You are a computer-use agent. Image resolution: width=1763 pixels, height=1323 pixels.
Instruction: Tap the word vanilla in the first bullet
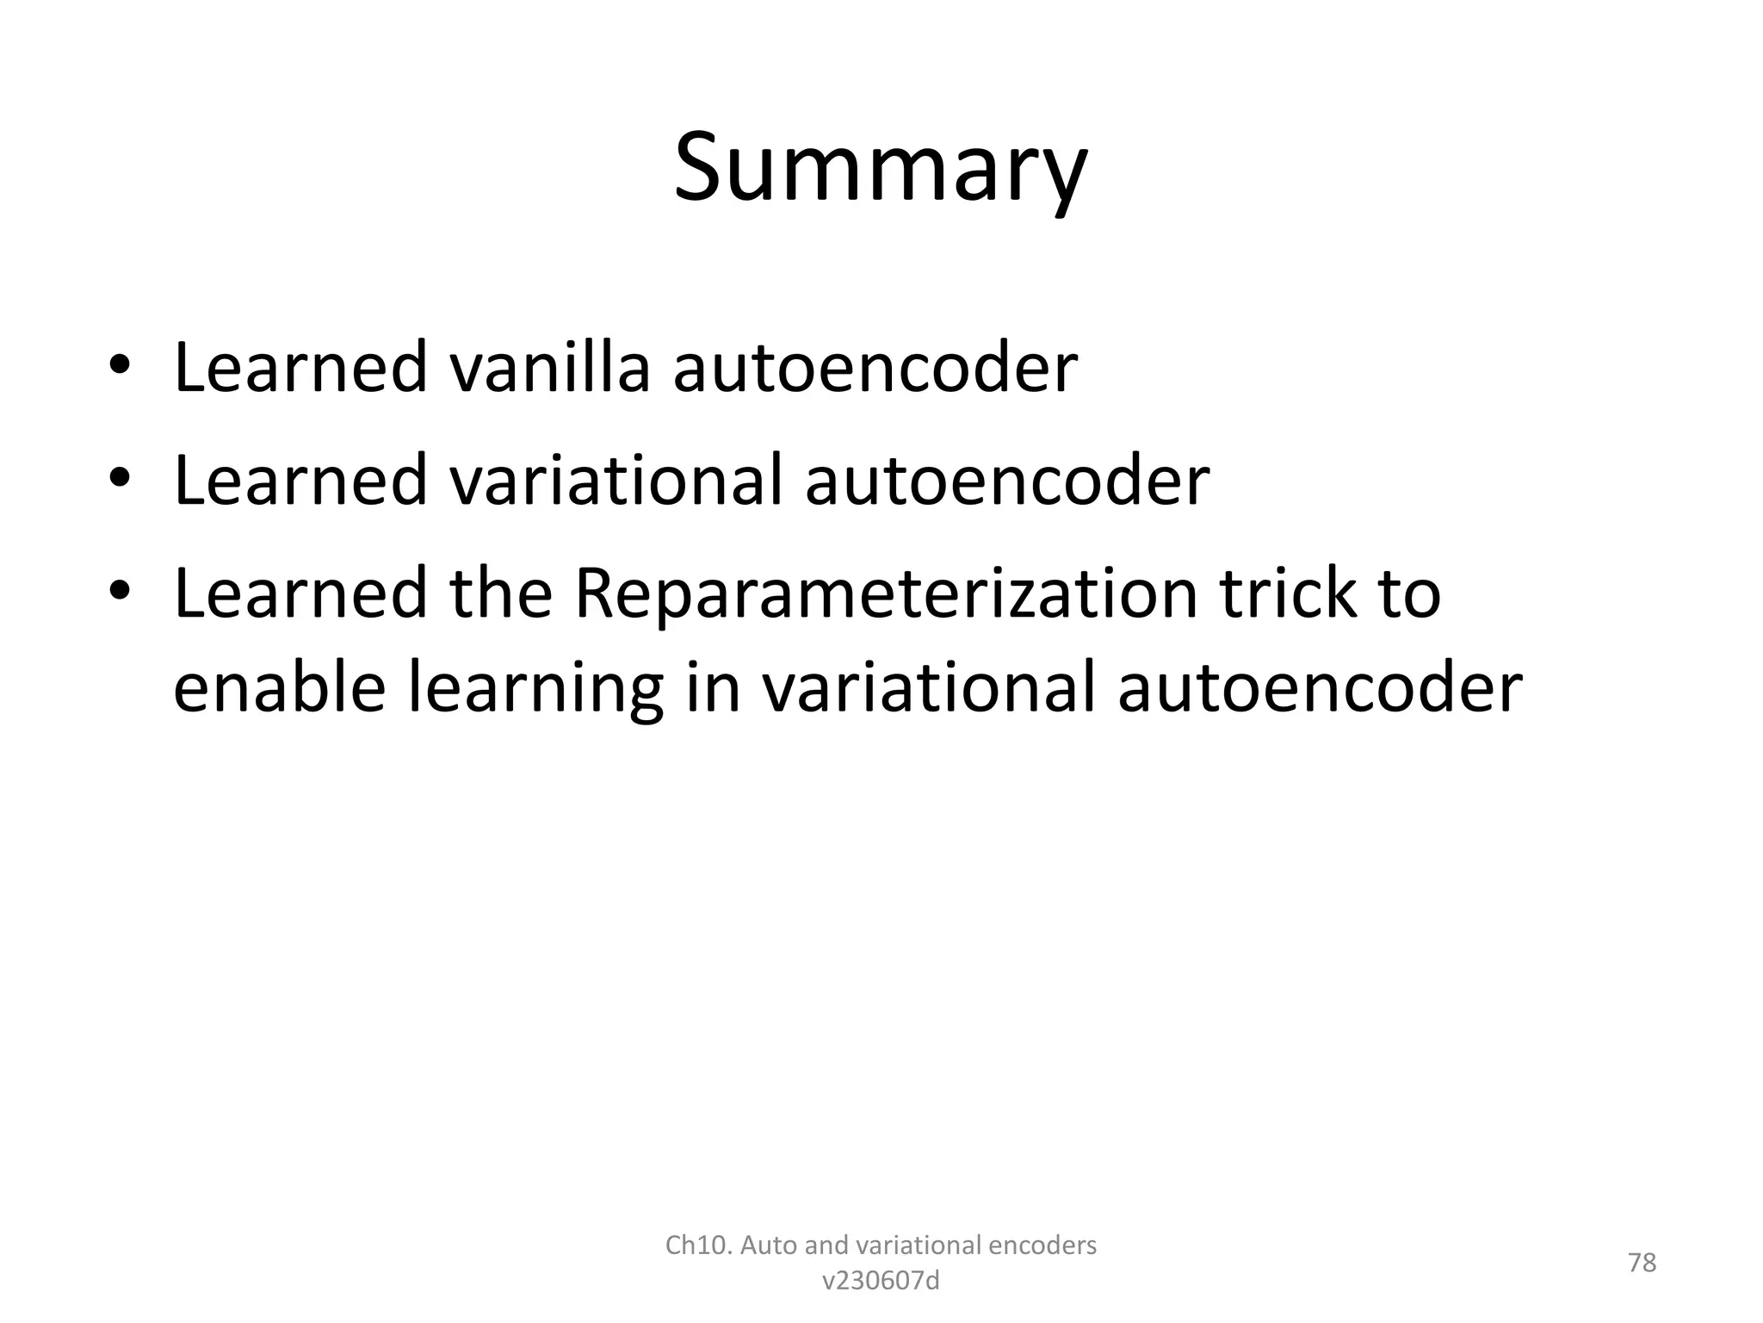click(x=549, y=369)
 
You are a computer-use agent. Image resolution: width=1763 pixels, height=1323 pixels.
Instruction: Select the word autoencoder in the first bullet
click(x=875, y=369)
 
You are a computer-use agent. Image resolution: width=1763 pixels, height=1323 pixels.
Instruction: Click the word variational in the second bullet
click(x=616, y=481)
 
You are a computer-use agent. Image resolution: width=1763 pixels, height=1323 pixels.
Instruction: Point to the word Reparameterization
click(x=885, y=594)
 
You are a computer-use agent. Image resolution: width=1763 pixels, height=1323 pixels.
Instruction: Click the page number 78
click(x=1642, y=1263)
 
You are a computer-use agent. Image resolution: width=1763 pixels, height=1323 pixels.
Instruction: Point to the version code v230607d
click(x=881, y=1282)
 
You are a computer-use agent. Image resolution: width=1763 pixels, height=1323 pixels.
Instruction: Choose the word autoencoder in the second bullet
click(x=1007, y=481)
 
